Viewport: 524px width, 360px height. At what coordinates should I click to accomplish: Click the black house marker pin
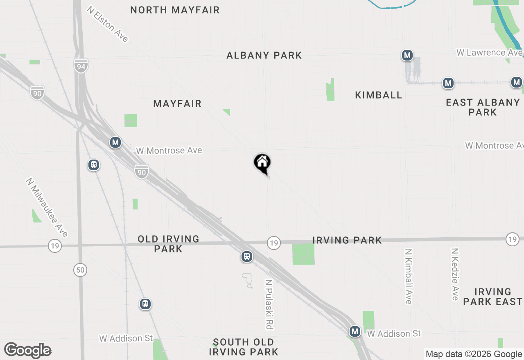[x=262, y=163]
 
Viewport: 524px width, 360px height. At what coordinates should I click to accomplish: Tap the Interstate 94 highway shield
[x=81, y=65]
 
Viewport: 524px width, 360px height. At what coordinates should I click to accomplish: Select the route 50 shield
[x=80, y=270]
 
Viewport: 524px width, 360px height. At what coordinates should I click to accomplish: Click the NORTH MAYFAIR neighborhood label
[x=175, y=10]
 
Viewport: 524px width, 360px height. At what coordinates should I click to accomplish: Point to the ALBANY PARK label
[x=264, y=55]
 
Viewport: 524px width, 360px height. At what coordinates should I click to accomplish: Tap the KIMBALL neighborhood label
[x=378, y=95]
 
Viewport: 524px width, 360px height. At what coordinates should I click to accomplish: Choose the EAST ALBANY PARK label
[x=483, y=107]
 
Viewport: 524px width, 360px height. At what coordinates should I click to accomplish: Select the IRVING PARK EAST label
[x=493, y=297]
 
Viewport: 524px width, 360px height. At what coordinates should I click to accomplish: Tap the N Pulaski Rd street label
[x=269, y=304]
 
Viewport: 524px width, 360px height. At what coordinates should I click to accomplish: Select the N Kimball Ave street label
[x=408, y=277]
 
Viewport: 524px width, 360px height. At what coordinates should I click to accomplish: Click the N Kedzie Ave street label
[x=455, y=274]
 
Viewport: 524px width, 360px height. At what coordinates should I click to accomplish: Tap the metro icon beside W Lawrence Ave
[x=407, y=55]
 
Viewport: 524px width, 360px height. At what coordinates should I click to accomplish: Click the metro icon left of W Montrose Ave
[x=115, y=142]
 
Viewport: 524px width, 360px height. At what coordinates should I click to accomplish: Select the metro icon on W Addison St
[x=355, y=331]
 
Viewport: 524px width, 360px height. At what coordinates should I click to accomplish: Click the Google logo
[x=28, y=350]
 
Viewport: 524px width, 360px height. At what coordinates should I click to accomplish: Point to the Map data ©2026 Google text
[x=474, y=354]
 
